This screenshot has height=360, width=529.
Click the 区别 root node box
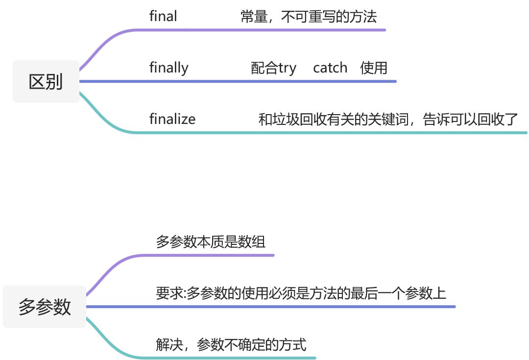pyautogui.click(x=46, y=81)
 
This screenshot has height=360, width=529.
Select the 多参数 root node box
pyautogui.click(x=45, y=307)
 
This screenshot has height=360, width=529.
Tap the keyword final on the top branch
pyautogui.click(x=163, y=16)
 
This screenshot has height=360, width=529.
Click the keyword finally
pyautogui.click(x=168, y=68)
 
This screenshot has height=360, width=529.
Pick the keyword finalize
pyautogui.click(x=172, y=119)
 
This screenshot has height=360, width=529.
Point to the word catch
pyautogui.click(x=330, y=68)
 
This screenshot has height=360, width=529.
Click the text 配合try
pyautogui.click(x=273, y=68)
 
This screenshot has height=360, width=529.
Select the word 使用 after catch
pyautogui.click(x=374, y=68)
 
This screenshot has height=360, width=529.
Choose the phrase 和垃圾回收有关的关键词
pyautogui.click(x=333, y=119)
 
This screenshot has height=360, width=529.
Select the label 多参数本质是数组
pyautogui.click(x=211, y=241)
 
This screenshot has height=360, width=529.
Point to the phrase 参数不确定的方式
pyautogui.click(x=252, y=344)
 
